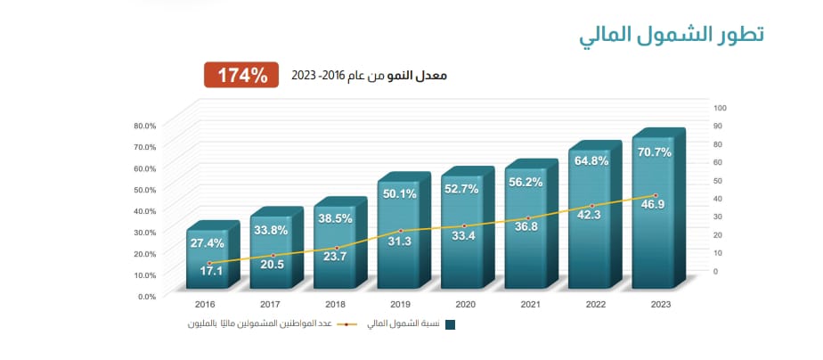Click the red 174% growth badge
click(237, 75)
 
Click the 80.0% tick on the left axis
click(144, 126)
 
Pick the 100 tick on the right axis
click(721, 108)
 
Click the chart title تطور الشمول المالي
click(671, 37)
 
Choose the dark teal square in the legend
click(451, 324)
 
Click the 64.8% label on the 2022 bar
click(591, 161)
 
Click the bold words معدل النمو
click(419, 76)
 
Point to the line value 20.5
click(273, 264)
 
